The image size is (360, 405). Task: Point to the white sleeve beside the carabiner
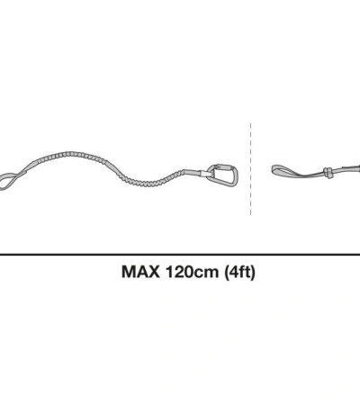pos(197,170)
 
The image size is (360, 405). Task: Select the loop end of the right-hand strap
pos(285,167)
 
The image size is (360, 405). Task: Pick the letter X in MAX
pos(155,273)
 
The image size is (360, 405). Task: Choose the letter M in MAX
pos(128,273)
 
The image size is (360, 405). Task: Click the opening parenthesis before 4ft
pos(225,273)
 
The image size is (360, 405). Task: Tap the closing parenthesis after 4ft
pos(253,273)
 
